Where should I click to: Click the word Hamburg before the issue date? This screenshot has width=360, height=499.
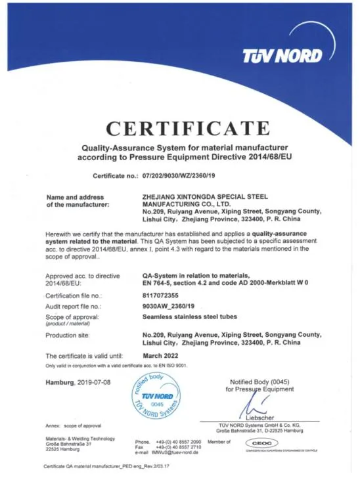click(62, 381)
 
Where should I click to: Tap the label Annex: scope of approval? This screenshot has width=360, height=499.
click(74, 426)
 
